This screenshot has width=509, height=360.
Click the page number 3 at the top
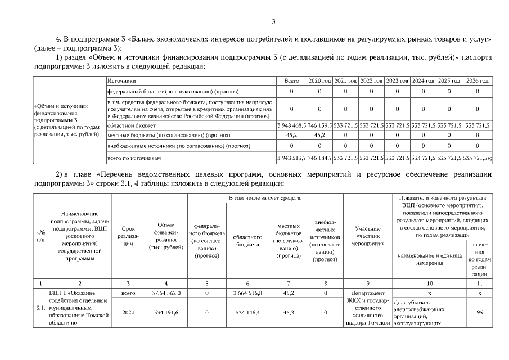coord(273,22)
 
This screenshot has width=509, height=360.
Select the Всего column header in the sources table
coord(291,82)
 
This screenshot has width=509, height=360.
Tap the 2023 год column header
coord(397,82)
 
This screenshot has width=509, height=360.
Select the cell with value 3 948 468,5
coord(291,125)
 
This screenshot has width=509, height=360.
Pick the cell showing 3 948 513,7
coord(291,159)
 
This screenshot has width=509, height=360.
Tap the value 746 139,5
coord(319,125)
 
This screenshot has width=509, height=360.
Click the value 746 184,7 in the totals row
coord(319,159)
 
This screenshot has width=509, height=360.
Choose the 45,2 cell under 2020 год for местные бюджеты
coord(319,135)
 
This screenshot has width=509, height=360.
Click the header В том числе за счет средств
coord(265,199)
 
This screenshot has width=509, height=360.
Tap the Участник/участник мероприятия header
coord(368,236)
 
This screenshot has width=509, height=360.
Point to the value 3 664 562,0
coord(165,293)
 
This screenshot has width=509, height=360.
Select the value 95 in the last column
coord(479,313)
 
